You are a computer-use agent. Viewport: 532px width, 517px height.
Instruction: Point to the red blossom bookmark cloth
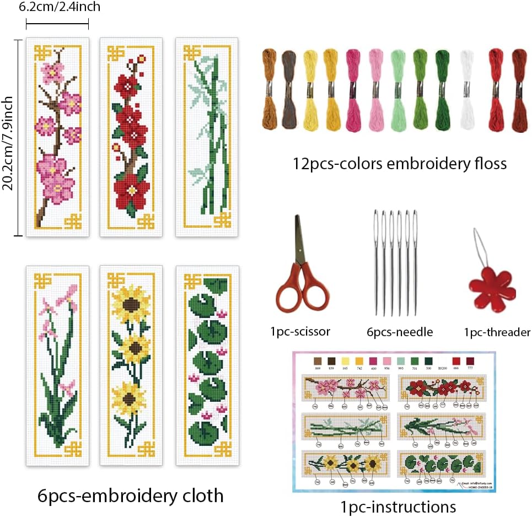click(130, 137)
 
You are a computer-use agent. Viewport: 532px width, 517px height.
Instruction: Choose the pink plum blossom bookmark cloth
click(57, 137)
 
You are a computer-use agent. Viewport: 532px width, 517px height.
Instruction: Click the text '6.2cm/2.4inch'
click(59, 7)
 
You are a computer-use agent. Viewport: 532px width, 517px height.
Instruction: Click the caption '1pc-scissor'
click(300, 331)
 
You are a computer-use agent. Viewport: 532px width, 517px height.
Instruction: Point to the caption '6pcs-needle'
click(400, 332)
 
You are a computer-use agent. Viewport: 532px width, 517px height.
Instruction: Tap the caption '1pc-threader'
click(497, 332)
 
